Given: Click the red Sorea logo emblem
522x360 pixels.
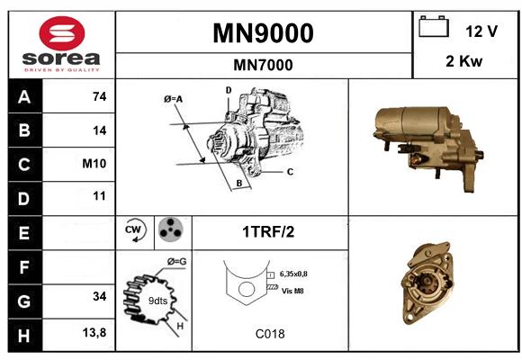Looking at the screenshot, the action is (x=62, y=33).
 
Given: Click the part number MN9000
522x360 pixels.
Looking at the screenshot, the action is (x=263, y=33).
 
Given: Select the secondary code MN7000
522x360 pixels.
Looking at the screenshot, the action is (x=263, y=65).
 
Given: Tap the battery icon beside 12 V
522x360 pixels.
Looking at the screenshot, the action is (x=434, y=26).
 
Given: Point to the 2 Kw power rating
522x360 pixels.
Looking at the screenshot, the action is (x=463, y=61).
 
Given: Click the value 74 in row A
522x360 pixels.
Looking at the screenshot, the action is (x=100, y=96).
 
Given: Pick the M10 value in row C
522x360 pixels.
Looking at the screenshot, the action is (x=94, y=164).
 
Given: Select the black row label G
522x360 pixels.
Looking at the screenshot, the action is (x=25, y=301).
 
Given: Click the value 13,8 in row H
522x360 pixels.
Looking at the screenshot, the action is (x=94, y=333).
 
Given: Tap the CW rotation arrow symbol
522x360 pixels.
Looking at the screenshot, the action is (x=134, y=229).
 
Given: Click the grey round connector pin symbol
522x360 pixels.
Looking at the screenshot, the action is (x=170, y=229).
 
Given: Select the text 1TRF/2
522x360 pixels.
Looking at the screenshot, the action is (x=268, y=232).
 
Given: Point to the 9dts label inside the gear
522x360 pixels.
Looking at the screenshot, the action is (x=157, y=301).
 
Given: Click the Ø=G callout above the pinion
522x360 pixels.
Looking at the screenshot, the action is (x=176, y=262).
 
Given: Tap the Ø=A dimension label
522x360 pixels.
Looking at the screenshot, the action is (x=174, y=99).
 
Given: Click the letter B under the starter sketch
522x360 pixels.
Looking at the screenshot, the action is (x=239, y=183).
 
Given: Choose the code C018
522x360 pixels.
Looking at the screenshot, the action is (x=270, y=334).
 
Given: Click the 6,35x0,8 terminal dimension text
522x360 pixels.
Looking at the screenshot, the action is (x=293, y=274).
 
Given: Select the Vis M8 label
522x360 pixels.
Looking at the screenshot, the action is (x=292, y=291).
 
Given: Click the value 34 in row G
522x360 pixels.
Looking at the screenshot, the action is (x=100, y=296).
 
